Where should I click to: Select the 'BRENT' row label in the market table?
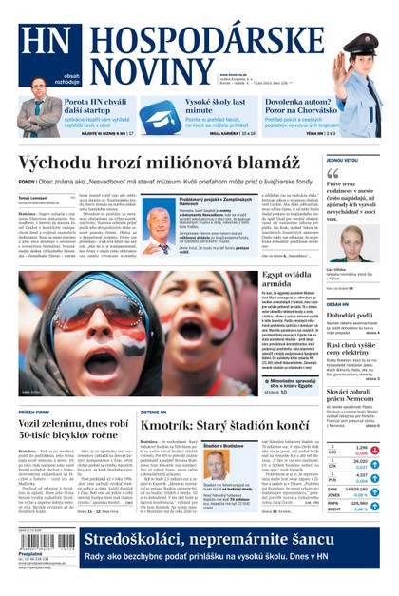click(x=334, y=509)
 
